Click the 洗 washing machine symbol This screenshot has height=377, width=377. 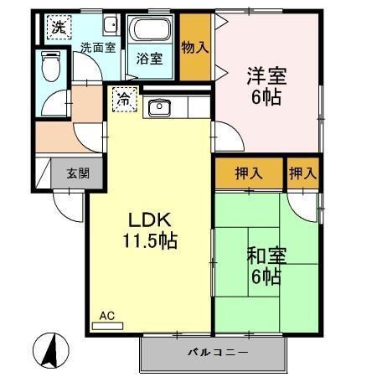(x=57, y=28)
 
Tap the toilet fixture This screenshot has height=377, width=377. (x=51, y=66)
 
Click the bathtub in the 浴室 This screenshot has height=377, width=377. (x=151, y=33)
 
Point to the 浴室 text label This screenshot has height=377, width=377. (x=151, y=60)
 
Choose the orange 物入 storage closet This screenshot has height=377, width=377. (x=194, y=48)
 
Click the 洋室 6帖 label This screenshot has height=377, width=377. (x=267, y=85)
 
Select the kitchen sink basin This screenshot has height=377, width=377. (x=158, y=107)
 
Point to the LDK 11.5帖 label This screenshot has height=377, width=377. (x=152, y=230)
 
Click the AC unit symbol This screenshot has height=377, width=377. (x=106, y=321)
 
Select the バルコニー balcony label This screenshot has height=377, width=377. (x=216, y=353)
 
